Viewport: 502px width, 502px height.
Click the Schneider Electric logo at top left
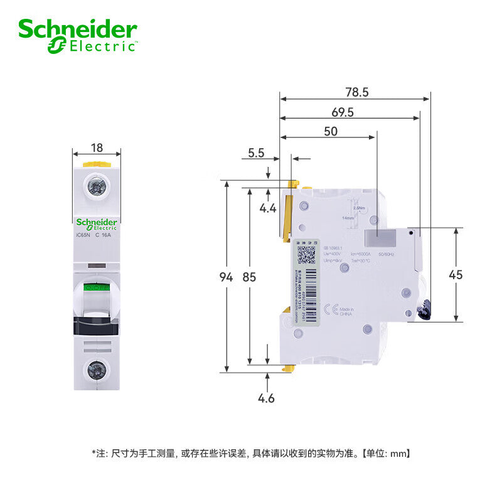77,35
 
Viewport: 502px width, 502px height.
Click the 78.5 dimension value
356,92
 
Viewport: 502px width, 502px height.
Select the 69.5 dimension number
342,112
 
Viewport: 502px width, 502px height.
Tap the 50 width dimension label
330,131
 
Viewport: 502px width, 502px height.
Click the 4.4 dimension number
268,208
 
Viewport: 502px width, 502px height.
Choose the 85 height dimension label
250,277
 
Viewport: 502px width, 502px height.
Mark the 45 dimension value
456,274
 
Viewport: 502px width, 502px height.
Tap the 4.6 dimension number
267,398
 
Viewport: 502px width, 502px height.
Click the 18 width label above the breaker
97,148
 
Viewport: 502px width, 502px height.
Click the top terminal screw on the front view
97,186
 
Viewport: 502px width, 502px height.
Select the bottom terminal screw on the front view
97,370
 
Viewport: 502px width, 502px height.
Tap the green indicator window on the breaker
97,287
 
